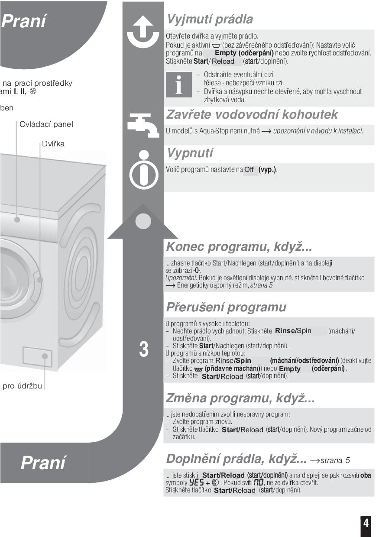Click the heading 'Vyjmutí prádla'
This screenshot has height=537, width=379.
tap(210, 19)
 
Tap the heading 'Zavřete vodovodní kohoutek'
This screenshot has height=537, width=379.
tap(252, 115)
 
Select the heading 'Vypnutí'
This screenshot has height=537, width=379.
tap(190, 153)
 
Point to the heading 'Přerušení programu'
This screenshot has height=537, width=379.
tap(226, 307)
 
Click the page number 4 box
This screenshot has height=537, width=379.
tap(366, 523)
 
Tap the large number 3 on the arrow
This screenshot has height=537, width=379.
tap(143, 349)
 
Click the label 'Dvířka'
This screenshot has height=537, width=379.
tap(53, 144)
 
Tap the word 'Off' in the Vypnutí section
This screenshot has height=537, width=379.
tap(249, 170)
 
